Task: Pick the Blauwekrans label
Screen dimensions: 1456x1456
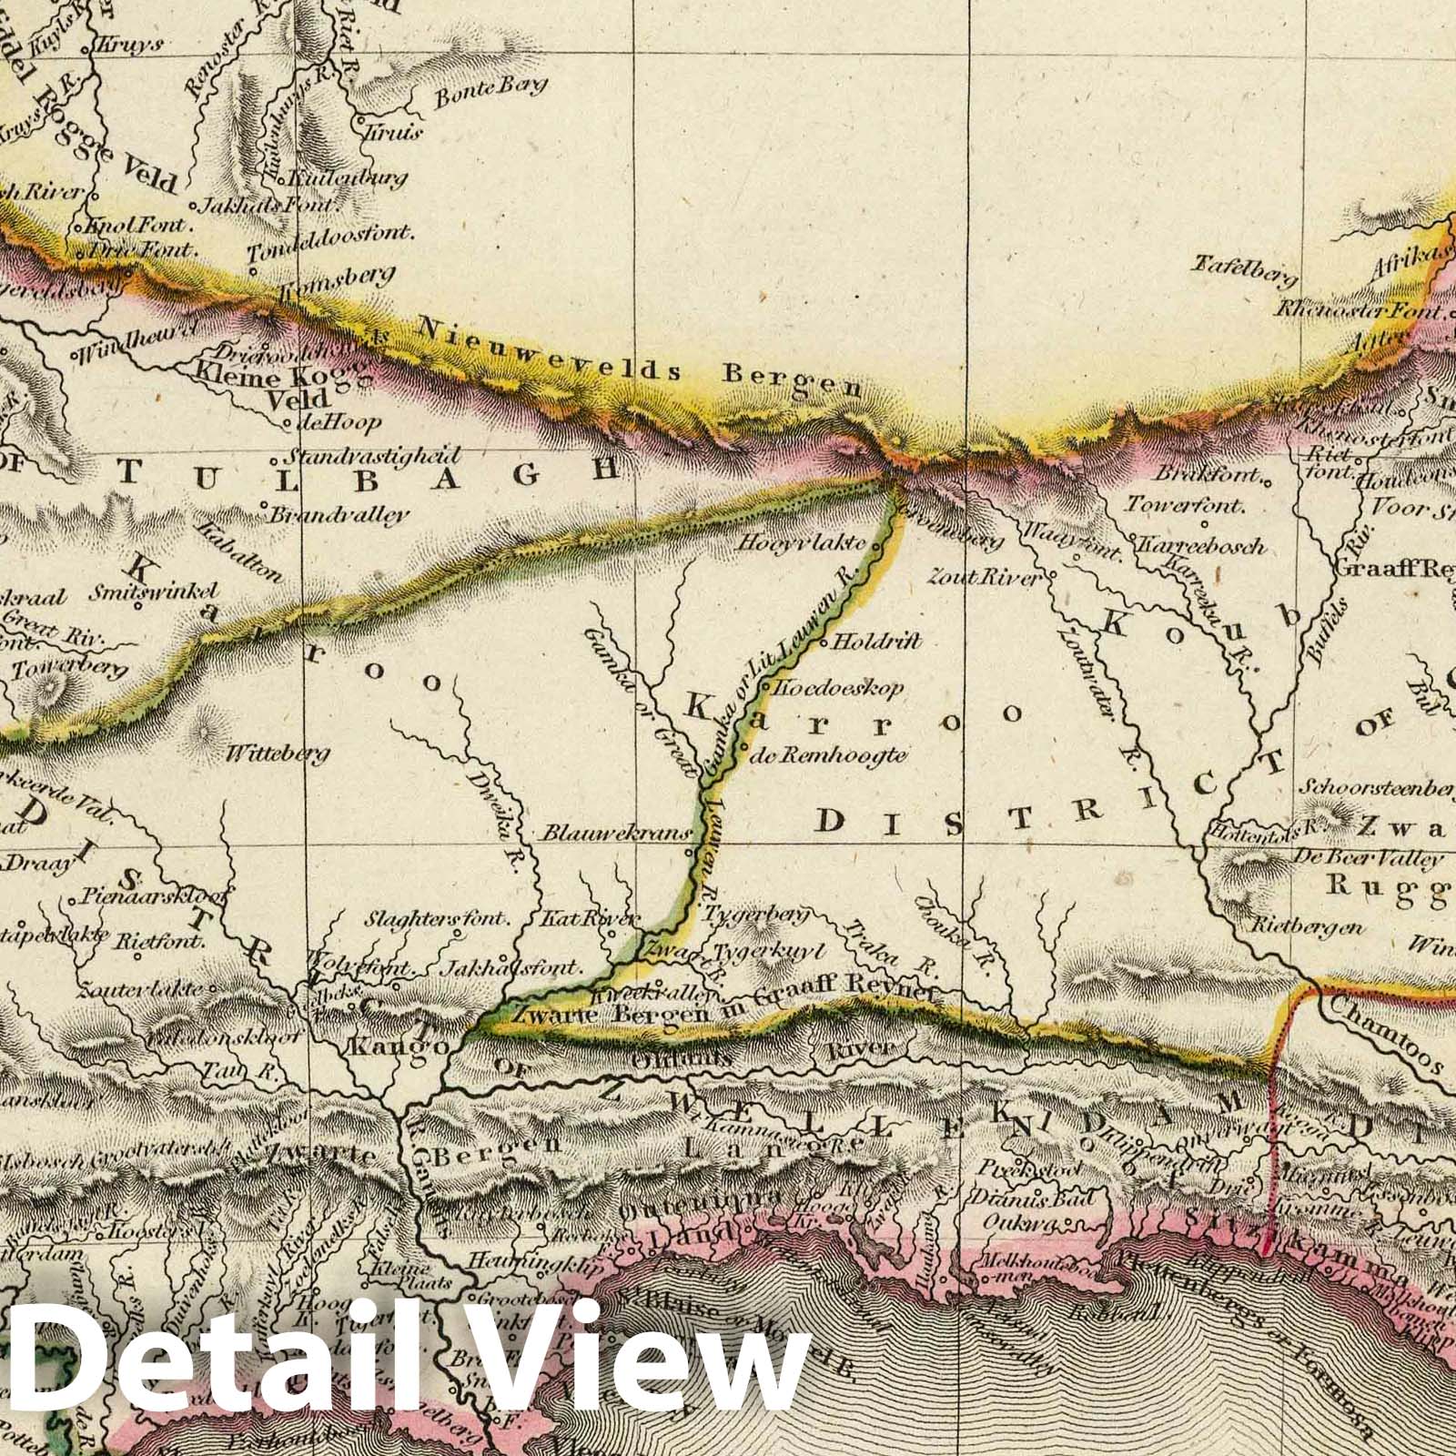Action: [x=614, y=832]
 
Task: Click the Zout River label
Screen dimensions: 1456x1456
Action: [x=983, y=576]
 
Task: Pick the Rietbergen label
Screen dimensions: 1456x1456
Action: [x=1309, y=928]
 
